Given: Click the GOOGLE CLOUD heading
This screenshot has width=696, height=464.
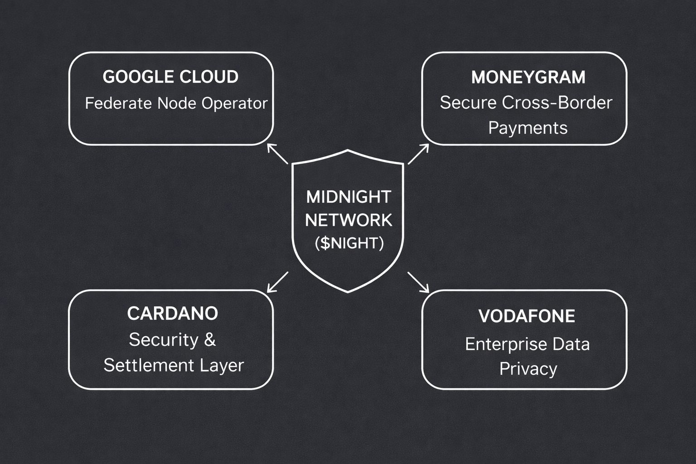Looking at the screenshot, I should pyautogui.click(x=170, y=77).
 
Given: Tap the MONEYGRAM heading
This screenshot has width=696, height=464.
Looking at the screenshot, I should pyautogui.click(x=528, y=77).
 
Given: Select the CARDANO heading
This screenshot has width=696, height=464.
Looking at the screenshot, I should pyautogui.click(x=172, y=314).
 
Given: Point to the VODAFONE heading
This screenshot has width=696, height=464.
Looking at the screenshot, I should pyautogui.click(x=527, y=316).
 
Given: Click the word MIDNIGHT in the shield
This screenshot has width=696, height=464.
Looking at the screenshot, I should pyautogui.click(x=348, y=197).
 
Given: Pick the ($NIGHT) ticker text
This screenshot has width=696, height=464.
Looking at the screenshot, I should pyautogui.click(x=349, y=243).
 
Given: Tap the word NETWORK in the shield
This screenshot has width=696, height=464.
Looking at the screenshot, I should pyautogui.click(x=348, y=220).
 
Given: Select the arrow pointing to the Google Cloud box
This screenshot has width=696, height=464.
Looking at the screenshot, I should pyautogui.click(x=277, y=154).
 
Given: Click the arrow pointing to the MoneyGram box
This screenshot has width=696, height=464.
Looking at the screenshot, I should pyautogui.click(x=418, y=154).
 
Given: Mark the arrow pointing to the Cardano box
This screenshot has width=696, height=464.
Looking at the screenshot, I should pyautogui.click(x=277, y=282).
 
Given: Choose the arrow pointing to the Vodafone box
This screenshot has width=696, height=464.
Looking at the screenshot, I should pyautogui.click(x=418, y=282).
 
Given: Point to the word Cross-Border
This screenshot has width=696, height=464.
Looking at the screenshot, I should pyautogui.click(x=557, y=103).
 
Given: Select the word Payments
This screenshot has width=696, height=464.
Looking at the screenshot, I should pyautogui.click(x=528, y=128).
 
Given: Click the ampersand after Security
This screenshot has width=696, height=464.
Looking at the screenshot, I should pyautogui.click(x=210, y=340).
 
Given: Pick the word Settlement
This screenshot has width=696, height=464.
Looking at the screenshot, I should pyautogui.click(x=143, y=365).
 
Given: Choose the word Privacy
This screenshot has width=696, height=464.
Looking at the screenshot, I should pyautogui.click(x=528, y=369).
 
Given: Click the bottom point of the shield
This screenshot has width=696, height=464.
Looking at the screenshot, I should pyautogui.click(x=348, y=291).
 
